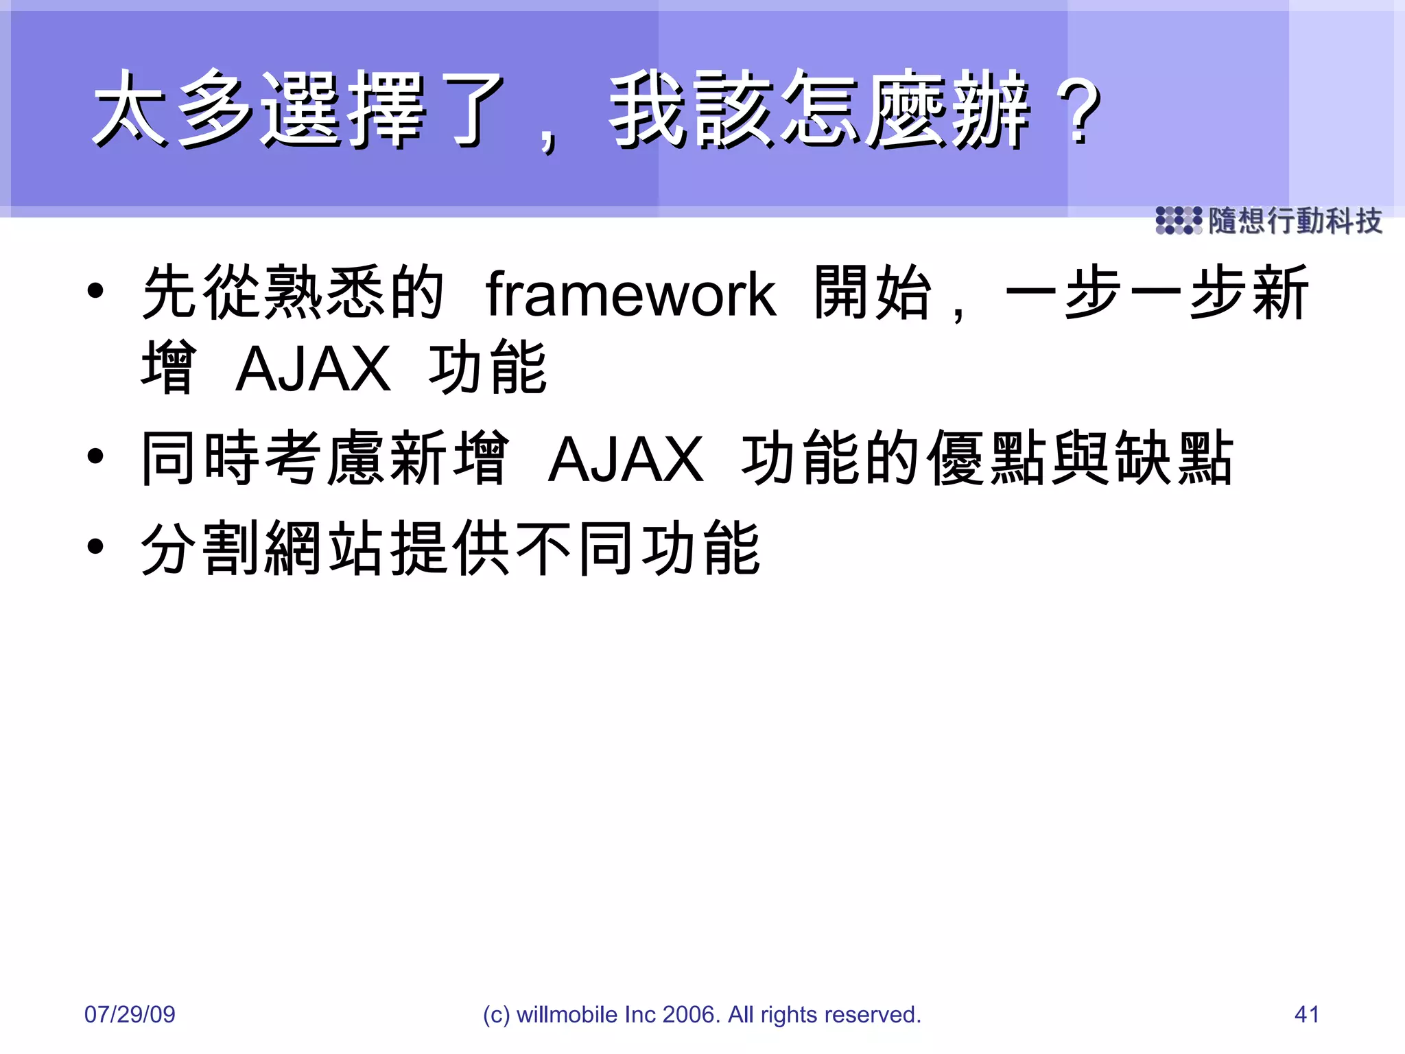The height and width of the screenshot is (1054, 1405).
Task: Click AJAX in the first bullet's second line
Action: point(313,369)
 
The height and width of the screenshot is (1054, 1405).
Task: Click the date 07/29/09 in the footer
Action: point(130,1014)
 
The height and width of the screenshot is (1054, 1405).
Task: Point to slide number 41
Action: point(1306,1014)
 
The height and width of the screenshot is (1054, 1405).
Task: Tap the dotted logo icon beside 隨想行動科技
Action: point(1178,221)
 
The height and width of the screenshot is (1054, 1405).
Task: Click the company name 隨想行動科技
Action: point(1295,221)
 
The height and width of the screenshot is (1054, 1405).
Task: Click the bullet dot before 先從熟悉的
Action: point(95,290)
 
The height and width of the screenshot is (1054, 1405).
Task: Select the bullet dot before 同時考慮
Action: point(95,456)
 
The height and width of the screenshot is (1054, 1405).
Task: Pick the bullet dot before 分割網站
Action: point(95,546)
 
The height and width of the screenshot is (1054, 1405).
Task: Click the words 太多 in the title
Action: point(172,110)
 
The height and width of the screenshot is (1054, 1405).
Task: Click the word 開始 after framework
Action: point(873,294)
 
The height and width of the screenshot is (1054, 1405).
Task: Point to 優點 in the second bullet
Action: point(988,458)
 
